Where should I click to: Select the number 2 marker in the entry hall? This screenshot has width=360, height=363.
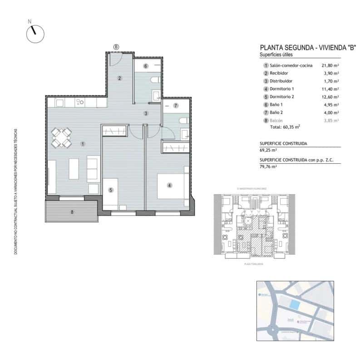pos(119,78)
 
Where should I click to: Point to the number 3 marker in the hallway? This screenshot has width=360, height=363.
pos(146,113)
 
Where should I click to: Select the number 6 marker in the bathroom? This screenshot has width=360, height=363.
pos(146,66)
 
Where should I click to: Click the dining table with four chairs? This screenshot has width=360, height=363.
pos(61,137)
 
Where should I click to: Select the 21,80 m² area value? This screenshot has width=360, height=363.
pos(330,65)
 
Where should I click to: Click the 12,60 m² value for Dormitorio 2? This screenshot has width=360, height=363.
pos(330,97)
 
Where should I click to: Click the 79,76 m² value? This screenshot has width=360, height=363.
pos(268,167)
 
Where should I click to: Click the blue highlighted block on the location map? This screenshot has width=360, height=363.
pos(295,304)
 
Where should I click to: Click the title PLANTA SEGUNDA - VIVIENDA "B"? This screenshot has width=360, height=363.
pos(307,47)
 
